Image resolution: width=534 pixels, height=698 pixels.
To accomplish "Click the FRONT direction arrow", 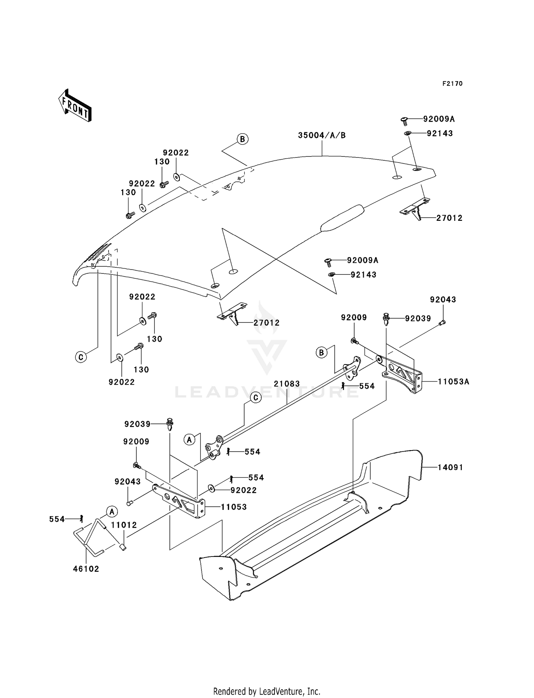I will coord(75,106).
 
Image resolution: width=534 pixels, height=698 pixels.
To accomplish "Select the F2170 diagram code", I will coord(452,84).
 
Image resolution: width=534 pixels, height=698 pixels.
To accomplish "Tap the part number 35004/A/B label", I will coord(322,135).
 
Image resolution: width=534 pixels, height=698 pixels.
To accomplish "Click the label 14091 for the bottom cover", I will coord(450,467).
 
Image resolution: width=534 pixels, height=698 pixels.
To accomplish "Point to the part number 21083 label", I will coord(287,384).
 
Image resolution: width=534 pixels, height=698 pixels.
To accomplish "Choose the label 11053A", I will coord(453,382).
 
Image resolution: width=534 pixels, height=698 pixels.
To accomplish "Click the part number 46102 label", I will coord(86,569).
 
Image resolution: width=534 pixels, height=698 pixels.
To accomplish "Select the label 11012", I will coord(124,525).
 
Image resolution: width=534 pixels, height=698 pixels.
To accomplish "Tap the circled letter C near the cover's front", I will coord(81,357).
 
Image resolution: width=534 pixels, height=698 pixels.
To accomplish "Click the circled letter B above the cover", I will coord(242,139).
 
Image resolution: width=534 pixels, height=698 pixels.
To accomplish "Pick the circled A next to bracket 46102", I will coord(112,512).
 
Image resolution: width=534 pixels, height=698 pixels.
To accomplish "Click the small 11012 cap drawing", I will coord(123,547).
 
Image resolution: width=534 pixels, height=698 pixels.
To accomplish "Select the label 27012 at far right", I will coord(449,218).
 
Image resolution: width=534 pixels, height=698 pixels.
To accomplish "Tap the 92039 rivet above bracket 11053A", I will coord(386,318).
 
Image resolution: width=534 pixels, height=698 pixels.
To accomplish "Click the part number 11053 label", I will coord(234,507).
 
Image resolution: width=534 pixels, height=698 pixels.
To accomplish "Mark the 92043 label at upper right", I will coord(443,299).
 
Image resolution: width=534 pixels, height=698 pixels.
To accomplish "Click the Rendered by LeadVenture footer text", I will coord(267,691).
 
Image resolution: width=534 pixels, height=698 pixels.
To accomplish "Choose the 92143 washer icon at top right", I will coord(408,133).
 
